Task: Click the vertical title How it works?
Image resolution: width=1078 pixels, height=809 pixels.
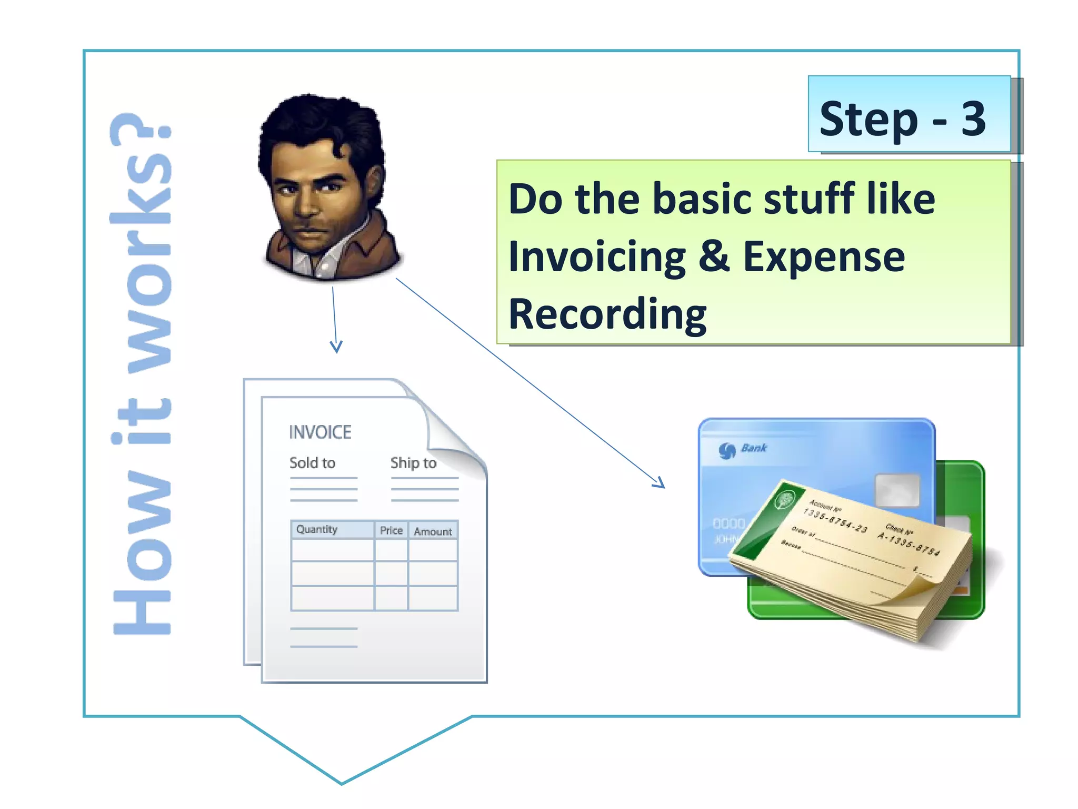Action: click(x=141, y=374)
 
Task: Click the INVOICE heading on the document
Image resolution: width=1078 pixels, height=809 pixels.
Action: click(x=320, y=432)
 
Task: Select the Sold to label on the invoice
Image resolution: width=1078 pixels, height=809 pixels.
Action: click(x=312, y=463)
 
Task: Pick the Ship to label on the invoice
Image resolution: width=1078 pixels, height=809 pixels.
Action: click(x=413, y=463)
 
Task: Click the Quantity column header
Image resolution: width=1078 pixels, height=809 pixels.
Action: click(x=316, y=529)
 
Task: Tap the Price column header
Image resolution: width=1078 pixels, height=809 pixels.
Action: click(x=391, y=530)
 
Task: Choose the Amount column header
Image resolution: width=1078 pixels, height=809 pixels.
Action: click(x=433, y=531)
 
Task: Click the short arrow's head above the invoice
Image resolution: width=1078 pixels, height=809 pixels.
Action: click(x=336, y=348)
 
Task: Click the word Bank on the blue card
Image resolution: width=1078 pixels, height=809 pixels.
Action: click(x=754, y=448)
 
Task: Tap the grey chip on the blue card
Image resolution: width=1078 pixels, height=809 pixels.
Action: click(x=897, y=490)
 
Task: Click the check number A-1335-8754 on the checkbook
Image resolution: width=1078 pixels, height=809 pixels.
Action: click(x=908, y=542)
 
